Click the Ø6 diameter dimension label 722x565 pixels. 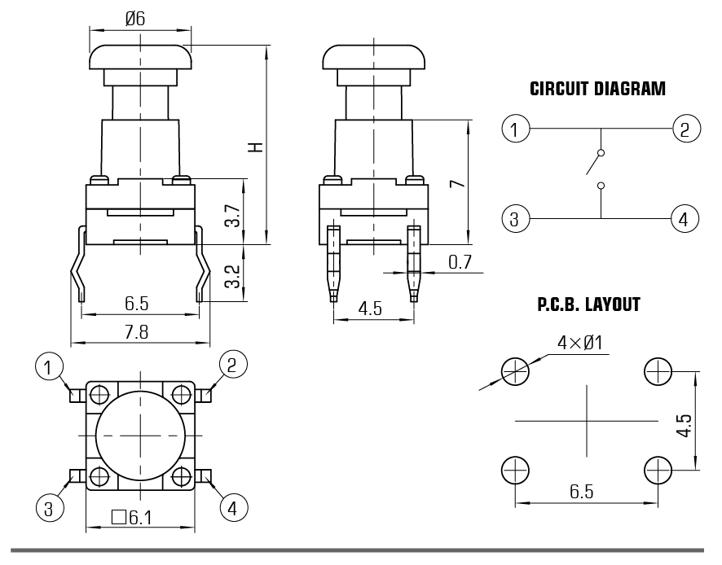tap(135, 19)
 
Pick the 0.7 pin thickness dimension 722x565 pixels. tap(460, 262)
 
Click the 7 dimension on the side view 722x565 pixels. tap(459, 183)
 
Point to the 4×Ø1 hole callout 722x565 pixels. tap(579, 343)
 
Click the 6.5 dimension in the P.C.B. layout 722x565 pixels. tap(581, 491)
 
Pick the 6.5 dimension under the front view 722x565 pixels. tap(137, 304)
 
